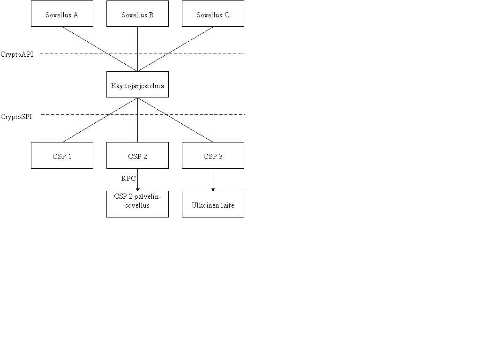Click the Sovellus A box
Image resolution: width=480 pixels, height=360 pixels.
pos(62,14)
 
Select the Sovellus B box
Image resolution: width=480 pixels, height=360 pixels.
pos(137,14)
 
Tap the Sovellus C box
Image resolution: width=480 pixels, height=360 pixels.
pos(213,14)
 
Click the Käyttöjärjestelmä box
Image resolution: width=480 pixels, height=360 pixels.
pos(137,84)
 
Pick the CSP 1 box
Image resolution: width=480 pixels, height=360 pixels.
pos(62,156)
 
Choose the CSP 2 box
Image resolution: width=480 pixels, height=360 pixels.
pos(137,156)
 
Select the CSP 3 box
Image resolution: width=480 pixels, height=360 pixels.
pos(213,156)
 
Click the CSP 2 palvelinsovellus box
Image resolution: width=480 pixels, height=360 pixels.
pos(137,204)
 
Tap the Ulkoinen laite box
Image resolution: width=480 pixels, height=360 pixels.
pos(213,204)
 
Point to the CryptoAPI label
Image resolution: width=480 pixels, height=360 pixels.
pos(17,54)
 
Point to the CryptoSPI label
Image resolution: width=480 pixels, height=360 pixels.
pos(16,117)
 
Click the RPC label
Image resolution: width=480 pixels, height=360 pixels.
pos(128,179)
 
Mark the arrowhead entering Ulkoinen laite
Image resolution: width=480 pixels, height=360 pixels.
pos(213,190)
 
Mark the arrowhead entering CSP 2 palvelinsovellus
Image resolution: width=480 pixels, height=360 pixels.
pos(137,190)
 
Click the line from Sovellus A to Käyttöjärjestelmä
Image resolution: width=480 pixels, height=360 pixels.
pos(100,49)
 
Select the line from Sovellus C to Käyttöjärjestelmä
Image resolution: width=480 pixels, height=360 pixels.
pos(175,49)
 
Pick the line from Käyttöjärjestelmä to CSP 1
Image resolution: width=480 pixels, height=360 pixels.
pos(100,120)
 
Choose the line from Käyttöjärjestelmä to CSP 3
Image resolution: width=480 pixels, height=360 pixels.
pos(175,120)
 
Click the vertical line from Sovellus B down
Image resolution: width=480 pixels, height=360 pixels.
pos(137,49)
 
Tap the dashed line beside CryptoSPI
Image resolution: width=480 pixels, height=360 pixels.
pos(143,114)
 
